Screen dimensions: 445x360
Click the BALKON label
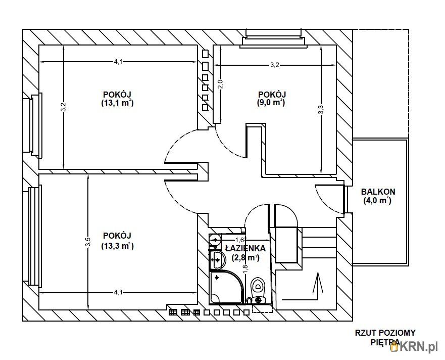tap(378, 192)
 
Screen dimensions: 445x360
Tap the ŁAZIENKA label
tap(245, 248)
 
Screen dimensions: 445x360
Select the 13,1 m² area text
tap(118, 103)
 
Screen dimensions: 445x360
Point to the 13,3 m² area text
tap(118, 246)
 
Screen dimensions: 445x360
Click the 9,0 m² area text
tap(271, 102)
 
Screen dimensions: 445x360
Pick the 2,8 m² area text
tap(246, 258)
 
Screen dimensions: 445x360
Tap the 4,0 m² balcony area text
tap(377, 201)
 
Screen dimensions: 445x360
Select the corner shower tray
tap(227, 288)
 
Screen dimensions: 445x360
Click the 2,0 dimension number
tap(221, 84)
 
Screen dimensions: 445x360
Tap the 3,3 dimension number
tap(320, 110)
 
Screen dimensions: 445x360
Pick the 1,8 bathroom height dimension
tap(245, 268)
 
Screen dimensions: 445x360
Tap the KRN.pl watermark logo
tap(414, 347)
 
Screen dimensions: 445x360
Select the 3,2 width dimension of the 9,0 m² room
tap(274, 65)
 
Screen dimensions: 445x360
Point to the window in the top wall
tap(273, 38)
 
